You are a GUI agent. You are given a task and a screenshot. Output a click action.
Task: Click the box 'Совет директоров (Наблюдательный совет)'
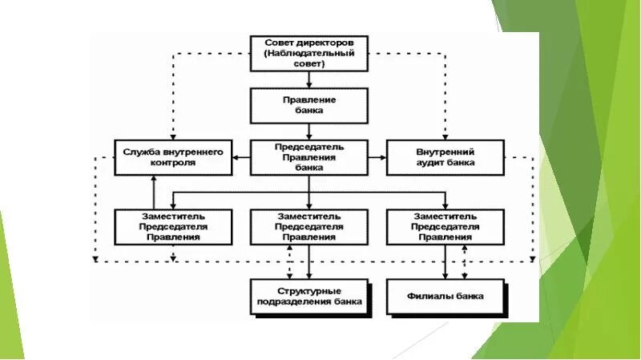[308, 52]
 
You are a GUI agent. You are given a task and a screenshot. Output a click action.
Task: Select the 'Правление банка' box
[308, 105]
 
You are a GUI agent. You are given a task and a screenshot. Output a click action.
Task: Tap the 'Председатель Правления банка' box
[308, 157]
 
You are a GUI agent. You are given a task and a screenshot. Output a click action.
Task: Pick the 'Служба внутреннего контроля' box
[173, 156]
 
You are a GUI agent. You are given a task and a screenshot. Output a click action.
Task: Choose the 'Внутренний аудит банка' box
[445, 156]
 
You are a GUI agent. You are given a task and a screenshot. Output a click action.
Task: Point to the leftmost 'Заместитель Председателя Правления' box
[173, 227]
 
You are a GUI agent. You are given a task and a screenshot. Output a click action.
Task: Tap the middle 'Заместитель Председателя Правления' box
[308, 227]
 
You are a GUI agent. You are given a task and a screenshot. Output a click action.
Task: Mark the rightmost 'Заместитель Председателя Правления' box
[445, 227]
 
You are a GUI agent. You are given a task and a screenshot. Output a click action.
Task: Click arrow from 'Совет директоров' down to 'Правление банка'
[309, 79]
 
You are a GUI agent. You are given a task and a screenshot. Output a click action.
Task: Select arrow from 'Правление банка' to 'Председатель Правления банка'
[309, 131]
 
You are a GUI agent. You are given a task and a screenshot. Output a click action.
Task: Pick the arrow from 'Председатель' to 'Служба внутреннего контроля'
[241, 157]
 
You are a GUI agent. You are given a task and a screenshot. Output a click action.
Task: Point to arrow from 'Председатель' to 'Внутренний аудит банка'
[377, 157]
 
